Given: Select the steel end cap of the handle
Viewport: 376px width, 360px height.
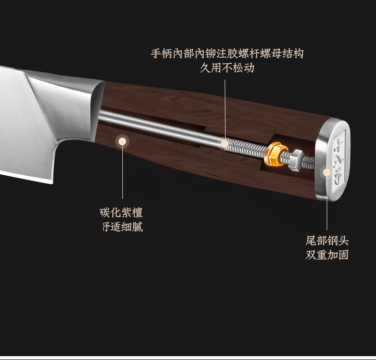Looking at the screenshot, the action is click(336, 160).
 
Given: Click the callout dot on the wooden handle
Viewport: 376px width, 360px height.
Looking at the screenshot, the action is click(122, 141).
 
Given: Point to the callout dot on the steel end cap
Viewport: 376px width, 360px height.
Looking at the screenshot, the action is click(327, 172).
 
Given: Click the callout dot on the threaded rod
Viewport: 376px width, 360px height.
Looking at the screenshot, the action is click(226, 142).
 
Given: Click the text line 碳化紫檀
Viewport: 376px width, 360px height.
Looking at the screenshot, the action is click(121, 212).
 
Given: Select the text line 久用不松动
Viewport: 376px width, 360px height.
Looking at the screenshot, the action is click(227, 68).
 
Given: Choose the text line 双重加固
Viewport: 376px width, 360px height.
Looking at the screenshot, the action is click(327, 255).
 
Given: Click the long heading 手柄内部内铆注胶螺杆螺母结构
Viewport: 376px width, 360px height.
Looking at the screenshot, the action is click(227, 53).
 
